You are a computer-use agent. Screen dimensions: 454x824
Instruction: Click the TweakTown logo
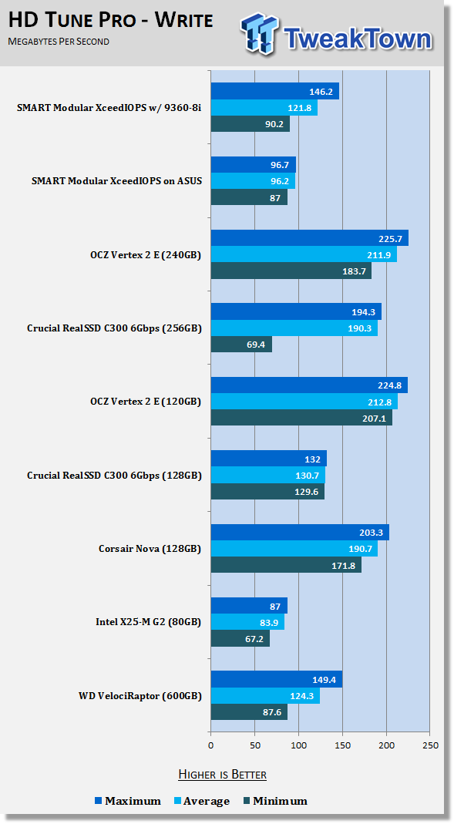point(336,34)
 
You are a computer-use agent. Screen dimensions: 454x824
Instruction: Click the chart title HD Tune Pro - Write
point(111,20)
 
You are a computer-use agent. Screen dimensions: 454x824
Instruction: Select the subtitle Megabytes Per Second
point(59,42)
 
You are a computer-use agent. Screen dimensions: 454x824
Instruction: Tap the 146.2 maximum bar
point(275,92)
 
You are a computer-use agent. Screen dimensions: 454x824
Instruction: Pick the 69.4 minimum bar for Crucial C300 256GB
point(242,345)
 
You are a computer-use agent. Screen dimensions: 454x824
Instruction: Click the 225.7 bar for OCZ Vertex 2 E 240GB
point(310,239)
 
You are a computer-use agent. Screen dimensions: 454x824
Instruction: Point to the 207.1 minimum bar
point(301,419)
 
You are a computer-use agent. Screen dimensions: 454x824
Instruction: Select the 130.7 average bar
point(268,475)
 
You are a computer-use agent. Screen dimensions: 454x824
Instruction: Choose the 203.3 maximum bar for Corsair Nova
point(300,533)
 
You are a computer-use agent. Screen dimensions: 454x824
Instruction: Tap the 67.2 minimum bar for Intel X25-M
point(240,639)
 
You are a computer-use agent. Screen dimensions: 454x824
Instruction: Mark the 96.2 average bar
point(254,181)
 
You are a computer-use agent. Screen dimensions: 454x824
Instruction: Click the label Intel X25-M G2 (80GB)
point(148,622)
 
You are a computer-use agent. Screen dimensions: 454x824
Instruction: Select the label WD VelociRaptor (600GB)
point(140,696)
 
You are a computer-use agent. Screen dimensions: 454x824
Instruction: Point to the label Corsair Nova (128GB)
point(150,549)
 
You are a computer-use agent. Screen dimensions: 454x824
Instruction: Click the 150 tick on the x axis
point(342,745)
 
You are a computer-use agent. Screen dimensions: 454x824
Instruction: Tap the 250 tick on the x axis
point(430,745)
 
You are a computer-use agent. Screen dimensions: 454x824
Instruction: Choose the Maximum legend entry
point(128,802)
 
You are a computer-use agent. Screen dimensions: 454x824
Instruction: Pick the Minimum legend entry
point(275,802)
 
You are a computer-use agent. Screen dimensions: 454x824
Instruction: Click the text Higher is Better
point(222,775)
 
